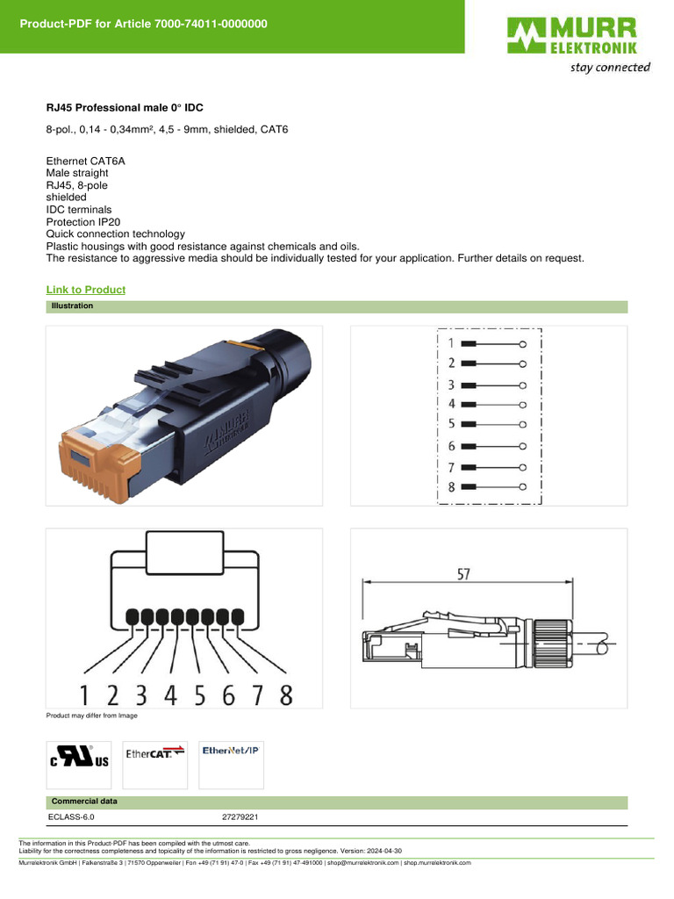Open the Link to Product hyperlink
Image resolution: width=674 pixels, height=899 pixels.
[85, 290]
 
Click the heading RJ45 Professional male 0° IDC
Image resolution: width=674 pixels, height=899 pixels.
[125, 108]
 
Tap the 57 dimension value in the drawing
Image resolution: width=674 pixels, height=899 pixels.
[463, 574]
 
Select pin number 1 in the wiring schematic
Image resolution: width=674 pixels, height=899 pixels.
[451, 343]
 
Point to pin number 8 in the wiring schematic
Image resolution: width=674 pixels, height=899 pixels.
[451, 486]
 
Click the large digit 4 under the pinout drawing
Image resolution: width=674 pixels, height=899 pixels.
[170, 695]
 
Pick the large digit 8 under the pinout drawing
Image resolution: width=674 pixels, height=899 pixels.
[286, 695]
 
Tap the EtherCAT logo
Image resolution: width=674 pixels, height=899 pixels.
[155, 753]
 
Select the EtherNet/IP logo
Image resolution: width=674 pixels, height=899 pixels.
[232, 751]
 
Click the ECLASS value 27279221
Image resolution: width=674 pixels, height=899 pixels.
[240, 816]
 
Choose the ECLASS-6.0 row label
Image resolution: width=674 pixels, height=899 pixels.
[71, 816]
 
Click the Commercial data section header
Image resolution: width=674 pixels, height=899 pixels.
[84, 802]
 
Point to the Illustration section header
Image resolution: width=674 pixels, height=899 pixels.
[72, 306]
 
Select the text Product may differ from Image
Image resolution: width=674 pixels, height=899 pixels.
[91, 716]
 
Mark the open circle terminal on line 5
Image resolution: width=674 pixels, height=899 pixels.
[522, 425]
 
